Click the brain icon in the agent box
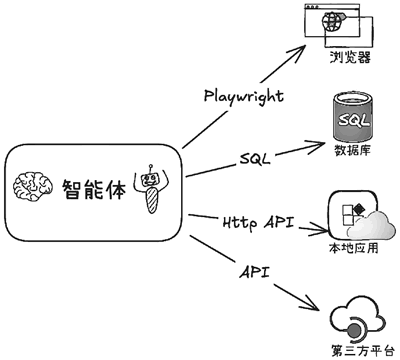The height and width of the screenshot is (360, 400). [x=33, y=187]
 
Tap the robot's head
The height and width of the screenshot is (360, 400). [x=150, y=180]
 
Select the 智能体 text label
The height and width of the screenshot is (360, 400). [x=94, y=190]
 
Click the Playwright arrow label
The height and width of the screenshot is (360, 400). [x=244, y=97]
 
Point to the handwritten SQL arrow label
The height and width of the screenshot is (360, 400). [x=255, y=159]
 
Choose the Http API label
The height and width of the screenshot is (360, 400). [x=259, y=222]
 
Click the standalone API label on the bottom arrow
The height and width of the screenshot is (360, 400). [x=254, y=273]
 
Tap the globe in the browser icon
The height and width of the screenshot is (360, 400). [x=332, y=21]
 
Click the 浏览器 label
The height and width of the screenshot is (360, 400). [x=350, y=57]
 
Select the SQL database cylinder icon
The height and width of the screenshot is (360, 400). [x=353, y=117]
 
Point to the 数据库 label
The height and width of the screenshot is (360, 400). [x=352, y=151]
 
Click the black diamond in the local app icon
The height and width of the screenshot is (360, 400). [x=359, y=209]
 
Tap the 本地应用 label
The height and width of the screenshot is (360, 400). [x=354, y=248]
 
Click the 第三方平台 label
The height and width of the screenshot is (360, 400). [x=363, y=351]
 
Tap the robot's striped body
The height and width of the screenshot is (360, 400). [x=152, y=200]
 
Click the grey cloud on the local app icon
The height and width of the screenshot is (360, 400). [x=372, y=225]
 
